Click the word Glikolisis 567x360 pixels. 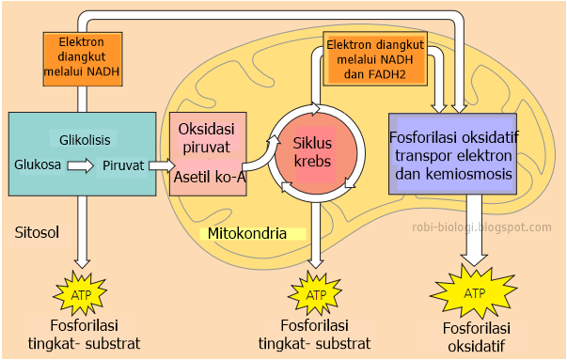pyautogui.click(x=85, y=140)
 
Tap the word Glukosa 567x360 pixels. pyautogui.click(x=38, y=164)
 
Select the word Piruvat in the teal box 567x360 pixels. pyautogui.click(x=123, y=164)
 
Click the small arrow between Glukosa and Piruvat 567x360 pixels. pyautogui.click(x=81, y=165)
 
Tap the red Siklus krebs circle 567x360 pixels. pyautogui.click(x=315, y=153)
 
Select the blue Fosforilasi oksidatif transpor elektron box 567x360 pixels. pyautogui.click(x=451, y=153)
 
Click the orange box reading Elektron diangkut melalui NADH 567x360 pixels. pyautogui.click(x=83, y=55)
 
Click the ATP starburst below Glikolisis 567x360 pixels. pyautogui.click(x=81, y=294)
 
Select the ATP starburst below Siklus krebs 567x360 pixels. pyautogui.click(x=317, y=293)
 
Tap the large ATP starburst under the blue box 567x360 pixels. pyautogui.click(x=473, y=294)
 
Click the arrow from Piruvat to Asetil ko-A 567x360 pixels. pyautogui.click(x=163, y=166)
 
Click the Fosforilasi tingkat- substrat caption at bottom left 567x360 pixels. pyautogui.click(x=83, y=334)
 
